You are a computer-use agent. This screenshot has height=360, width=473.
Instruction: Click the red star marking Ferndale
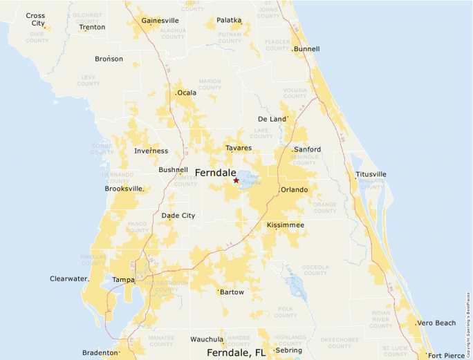pos(236,180)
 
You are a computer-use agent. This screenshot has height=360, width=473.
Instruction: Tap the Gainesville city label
pos(160,21)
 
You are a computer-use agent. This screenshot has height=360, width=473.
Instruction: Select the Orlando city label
pos(294,189)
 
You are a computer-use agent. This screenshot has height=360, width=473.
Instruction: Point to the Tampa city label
pos(123,280)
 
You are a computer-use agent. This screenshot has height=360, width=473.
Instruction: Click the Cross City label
pos(36,19)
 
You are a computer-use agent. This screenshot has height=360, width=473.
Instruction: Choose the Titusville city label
pos(371,174)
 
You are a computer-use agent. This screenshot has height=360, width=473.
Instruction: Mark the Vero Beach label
pos(436,323)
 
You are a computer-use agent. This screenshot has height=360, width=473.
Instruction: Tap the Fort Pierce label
pos(447,355)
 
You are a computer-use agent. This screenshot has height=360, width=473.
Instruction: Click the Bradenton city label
pos(100,352)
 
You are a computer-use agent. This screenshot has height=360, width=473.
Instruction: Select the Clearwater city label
pos(69,278)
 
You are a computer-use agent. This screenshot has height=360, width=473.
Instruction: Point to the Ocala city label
pos(187,93)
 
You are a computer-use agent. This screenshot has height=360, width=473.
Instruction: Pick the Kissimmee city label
pos(286,225)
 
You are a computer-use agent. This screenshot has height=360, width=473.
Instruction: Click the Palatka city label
pos(229,21)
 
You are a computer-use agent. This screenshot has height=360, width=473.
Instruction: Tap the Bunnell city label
pos(307,50)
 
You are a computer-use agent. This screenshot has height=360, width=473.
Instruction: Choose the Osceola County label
pos(315,269)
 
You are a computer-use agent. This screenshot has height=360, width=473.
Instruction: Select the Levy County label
pos(88,80)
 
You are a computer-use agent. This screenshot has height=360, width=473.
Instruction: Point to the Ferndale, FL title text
pos(236,352)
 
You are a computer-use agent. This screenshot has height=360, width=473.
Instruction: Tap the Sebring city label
pos(289,350)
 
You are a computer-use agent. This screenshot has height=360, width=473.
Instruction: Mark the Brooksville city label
pos(124,189)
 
